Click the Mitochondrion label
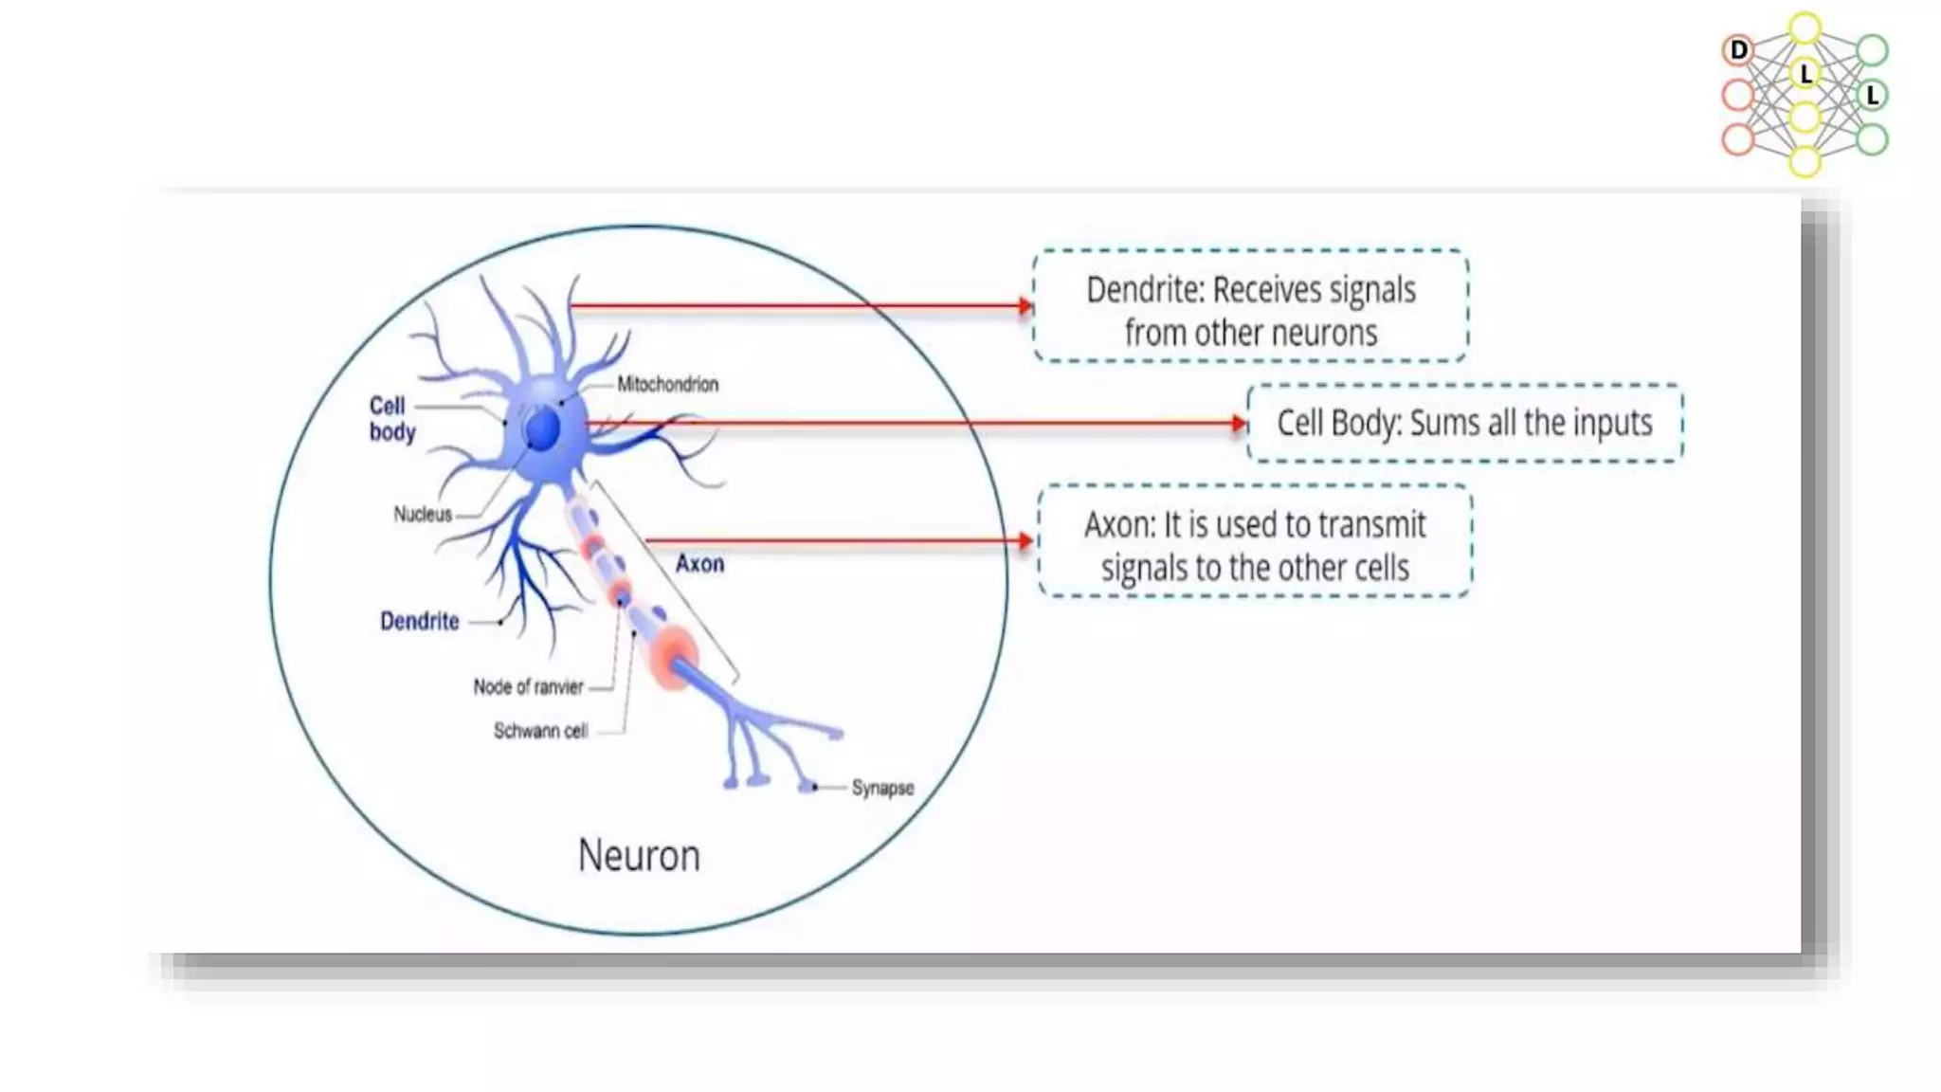(x=667, y=384)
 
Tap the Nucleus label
(x=423, y=514)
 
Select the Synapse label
(x=882, y=788)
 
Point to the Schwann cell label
(x=540, y=731)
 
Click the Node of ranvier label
(x=528, y=686)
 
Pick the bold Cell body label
(x=391, y=418)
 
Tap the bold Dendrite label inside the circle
(x=419, y=621)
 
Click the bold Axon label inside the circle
(x=699, y=564)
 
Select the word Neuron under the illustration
(x=639, y=855)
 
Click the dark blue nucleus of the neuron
(x=543, y=429)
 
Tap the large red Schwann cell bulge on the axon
(x=674, y=657)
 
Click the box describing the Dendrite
(x=1250, y=306)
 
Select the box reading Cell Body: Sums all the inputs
(x=1464, y=423)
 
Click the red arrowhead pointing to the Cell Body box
(x=1239, y=424)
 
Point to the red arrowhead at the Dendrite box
(x=1025, y=306)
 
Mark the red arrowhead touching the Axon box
(x=1025, y=541)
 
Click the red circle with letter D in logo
(x=1738, y=50)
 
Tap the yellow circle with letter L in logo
(x=1805, y=73)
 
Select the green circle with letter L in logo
(x=1872, y=95)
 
